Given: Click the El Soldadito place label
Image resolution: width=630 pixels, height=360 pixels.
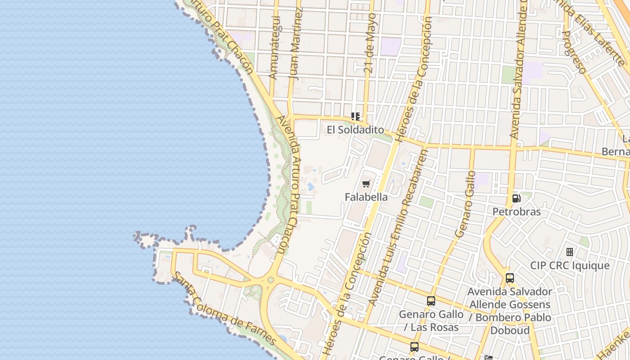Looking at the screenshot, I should pyautogui.click(x=355, y=130).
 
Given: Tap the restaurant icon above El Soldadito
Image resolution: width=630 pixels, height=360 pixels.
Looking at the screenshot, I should pyautogui.click(x=355, y=117).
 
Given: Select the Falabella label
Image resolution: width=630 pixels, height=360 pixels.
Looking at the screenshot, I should pyautogui.click(x=366, y=197).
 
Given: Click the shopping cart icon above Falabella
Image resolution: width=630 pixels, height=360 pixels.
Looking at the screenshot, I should pyautogui.click(x=366, y=184).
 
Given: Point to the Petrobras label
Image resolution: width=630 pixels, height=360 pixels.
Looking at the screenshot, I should pyautogui.click(x=516, y=211).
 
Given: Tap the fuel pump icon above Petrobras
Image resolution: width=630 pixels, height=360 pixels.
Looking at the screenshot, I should pyautogui.click(x=516, y=198).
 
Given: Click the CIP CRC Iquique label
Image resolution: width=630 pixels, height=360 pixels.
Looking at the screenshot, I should pyautogui.click(x=570, y=265).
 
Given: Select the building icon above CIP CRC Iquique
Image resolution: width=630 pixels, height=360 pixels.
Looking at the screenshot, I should pyautogui.click(x=570, y=252).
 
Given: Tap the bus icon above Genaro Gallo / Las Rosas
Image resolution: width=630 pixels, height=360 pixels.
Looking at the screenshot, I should pyautogui.click(x=431, y=301).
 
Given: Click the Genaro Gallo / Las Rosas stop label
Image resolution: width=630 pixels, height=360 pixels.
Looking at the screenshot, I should pyautogui.click(x=431, y=320).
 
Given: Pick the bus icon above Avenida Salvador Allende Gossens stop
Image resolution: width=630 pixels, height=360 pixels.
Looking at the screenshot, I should pyautogui.click(x=509, y=278).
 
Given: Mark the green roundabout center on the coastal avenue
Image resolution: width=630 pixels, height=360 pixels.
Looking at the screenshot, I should pyautogui.click(x=270, y=280).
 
